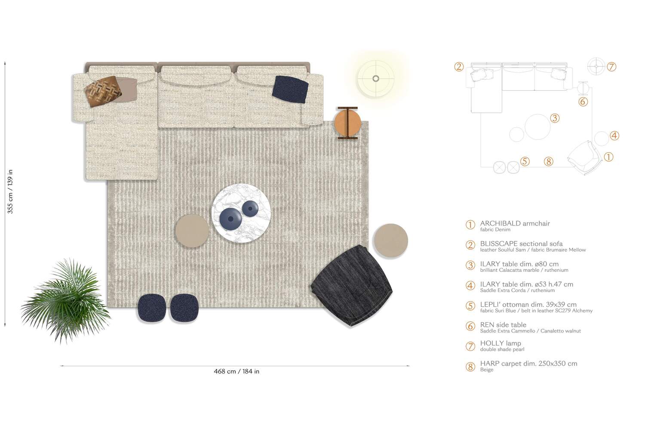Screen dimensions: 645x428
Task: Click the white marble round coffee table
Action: [241, 213]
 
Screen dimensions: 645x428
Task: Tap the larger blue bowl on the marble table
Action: [230, 219]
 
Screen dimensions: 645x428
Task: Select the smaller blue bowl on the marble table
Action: [250, 209]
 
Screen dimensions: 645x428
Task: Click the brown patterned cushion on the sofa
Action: [102, 91]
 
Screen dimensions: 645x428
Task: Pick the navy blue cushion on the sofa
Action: [290, 89]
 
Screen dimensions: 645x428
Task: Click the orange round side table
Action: [347, 123]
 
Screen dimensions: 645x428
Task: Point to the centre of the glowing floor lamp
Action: [375, 78]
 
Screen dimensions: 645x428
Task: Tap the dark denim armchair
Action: [352, 286]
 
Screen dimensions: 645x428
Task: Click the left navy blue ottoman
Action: [152, 308]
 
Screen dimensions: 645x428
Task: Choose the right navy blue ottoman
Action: [184, 308]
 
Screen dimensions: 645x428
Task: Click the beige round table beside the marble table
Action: [192, 231]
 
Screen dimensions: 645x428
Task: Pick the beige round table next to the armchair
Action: [391, 240]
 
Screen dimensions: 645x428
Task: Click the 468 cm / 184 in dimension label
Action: [236, 371]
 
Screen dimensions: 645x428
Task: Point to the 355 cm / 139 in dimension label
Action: [10, 191]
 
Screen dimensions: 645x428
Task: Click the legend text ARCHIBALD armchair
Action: [515, 223]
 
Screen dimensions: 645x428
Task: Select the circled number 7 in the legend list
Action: [470, 346]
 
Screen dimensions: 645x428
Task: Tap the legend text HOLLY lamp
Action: [501, 343]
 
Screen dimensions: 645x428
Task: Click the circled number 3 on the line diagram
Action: [555, 118]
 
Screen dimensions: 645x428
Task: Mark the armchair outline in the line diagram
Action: [585, 157]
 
